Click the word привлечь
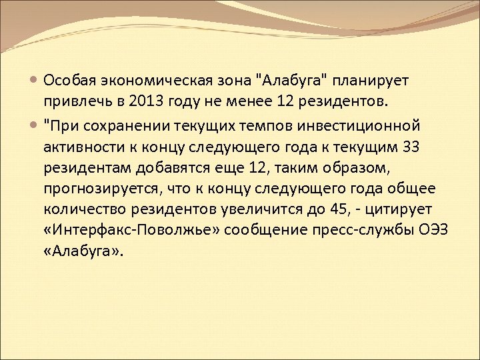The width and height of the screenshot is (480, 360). [x=71, y=102]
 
